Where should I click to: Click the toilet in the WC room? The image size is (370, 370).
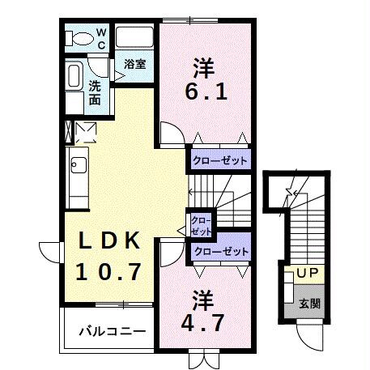point(80,38)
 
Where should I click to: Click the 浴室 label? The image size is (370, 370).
point(134,64)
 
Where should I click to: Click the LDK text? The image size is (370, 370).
point(111,241)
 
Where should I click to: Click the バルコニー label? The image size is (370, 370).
point(113,331)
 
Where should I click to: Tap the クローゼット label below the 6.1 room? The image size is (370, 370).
point(219,160)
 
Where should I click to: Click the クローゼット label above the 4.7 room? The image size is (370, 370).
point(219,252)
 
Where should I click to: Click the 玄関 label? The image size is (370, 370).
point(308,304)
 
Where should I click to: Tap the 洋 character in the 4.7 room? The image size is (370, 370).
point(202,298)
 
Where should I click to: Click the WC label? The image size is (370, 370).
point(102,38)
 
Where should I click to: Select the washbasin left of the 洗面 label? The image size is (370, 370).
point(73,78)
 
